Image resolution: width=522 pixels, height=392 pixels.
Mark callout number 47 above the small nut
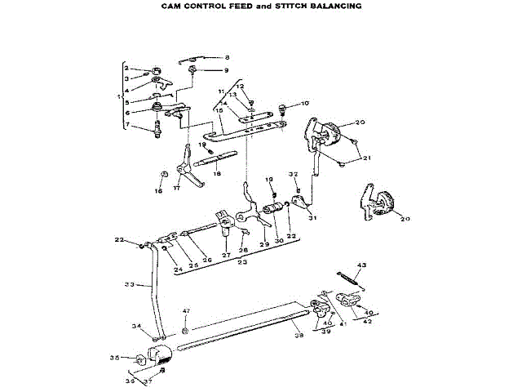(186, 312)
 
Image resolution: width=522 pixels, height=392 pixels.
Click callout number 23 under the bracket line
(243, 263)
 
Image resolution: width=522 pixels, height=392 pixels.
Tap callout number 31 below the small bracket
(311, 218)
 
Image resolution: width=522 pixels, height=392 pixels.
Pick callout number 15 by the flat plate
(219, 109)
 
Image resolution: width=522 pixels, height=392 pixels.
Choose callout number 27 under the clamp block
(226, 254)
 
